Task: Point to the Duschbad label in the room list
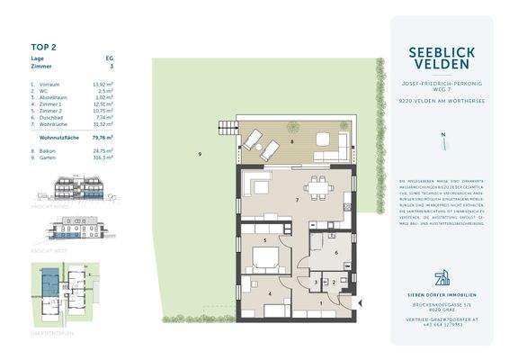(49, 118)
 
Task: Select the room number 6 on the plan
(335, 252)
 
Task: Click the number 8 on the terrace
(291, 141)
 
